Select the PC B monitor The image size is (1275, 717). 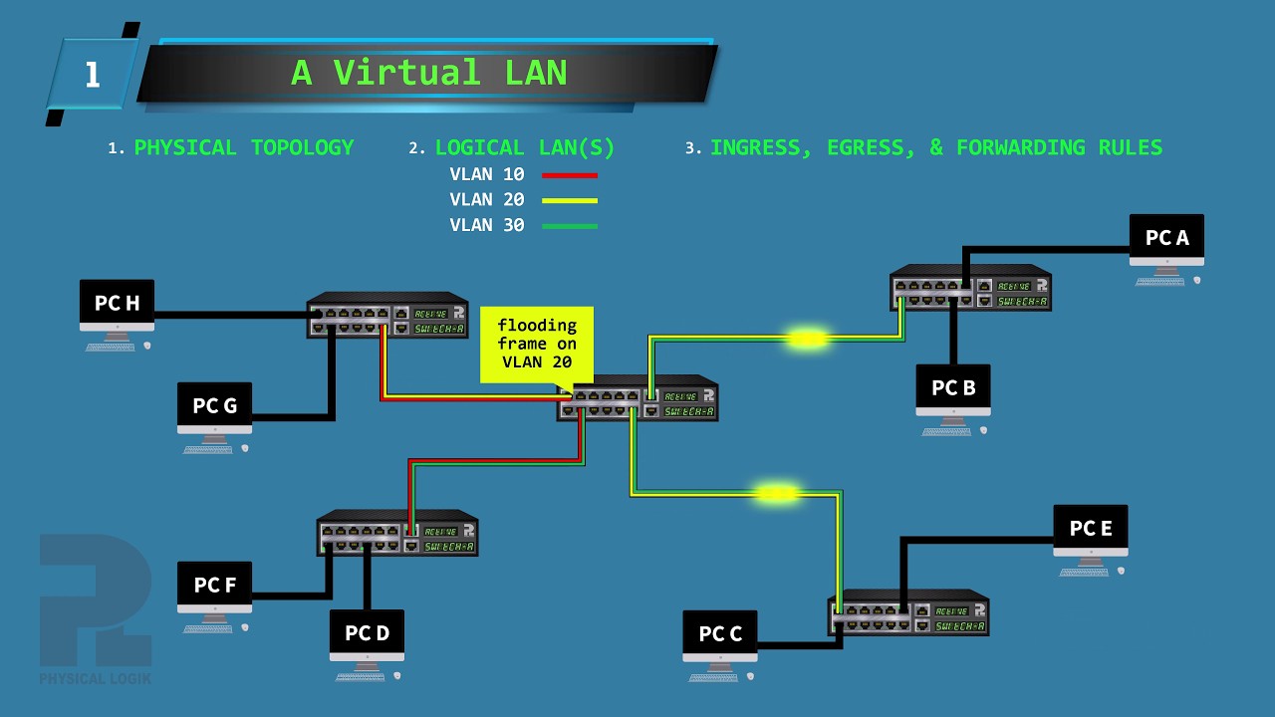pos(953,389)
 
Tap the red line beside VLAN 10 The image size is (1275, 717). pos(569,175)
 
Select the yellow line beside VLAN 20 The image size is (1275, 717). pos(569,200)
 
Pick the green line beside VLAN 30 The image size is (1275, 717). pos(569,226)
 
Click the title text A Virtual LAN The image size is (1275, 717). pos(428,73)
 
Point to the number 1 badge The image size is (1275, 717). pos(92,75)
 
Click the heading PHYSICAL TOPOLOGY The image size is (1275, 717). pos(244,148)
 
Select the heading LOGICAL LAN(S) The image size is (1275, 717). pos(525,148)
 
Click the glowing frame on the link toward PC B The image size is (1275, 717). pos(807,340)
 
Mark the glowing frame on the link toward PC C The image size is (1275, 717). pos(776,493)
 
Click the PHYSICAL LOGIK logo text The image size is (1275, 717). pos(96,679)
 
